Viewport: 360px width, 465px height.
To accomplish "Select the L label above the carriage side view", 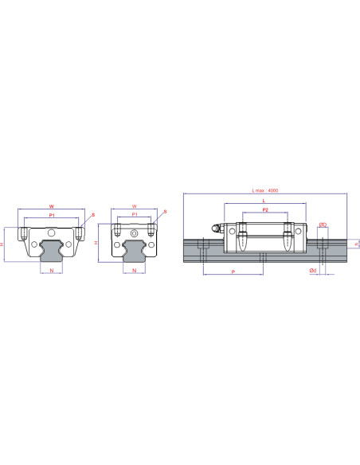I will (264, 202).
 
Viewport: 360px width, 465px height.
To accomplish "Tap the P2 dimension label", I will (264, 210).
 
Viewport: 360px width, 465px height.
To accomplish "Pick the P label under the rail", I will (232, 272).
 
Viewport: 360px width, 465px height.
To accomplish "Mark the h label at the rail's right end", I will (356, 246).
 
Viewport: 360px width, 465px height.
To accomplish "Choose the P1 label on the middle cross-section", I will (134, 214).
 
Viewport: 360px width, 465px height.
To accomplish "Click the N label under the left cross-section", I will (53, 272).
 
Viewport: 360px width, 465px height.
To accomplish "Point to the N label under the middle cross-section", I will (134, 272).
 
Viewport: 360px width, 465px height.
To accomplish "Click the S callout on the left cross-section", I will (92, 214).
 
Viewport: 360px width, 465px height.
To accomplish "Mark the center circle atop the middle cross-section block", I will (134, 233).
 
